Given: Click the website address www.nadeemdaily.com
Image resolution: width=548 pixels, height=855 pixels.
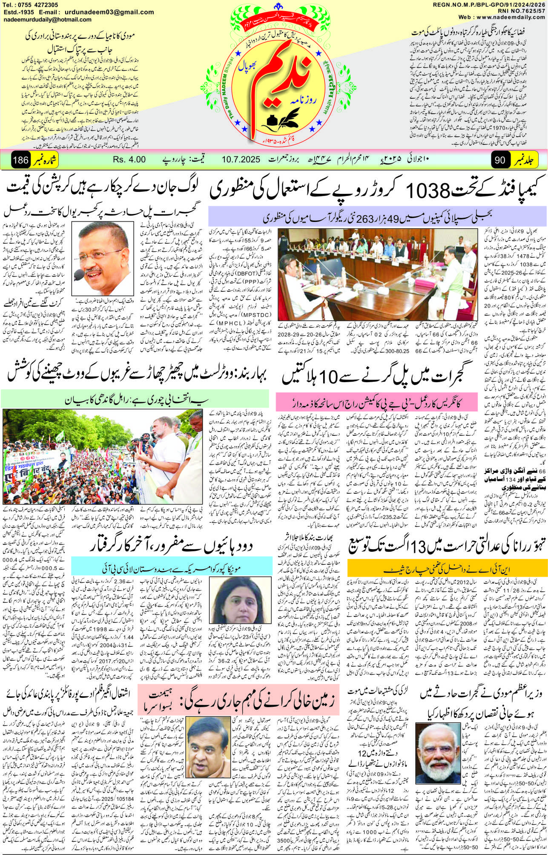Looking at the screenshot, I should click(x=507, y=17).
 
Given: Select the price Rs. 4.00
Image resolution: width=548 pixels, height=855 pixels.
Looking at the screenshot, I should click(x=129, y=160).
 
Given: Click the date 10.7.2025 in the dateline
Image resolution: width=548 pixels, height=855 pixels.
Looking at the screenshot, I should click(x=241, y=160).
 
